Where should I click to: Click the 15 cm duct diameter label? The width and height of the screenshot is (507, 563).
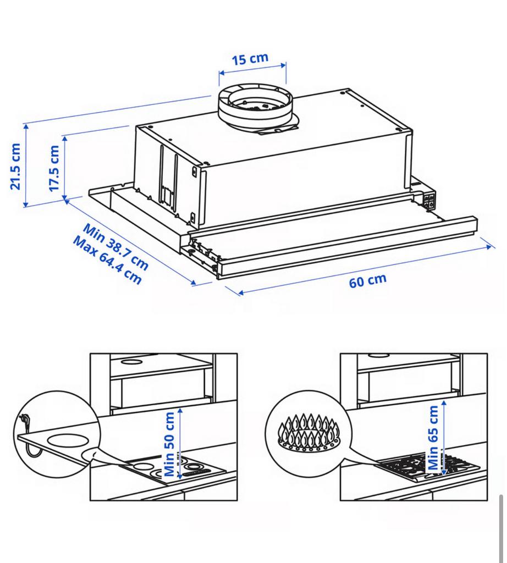250,58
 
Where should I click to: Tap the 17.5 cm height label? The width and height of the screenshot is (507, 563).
54,168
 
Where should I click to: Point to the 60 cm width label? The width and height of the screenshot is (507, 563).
367,280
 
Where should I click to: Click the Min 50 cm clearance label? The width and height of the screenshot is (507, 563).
171,444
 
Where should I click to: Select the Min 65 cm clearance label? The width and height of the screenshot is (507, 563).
434,438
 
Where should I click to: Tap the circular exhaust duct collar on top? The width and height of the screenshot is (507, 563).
252,107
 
